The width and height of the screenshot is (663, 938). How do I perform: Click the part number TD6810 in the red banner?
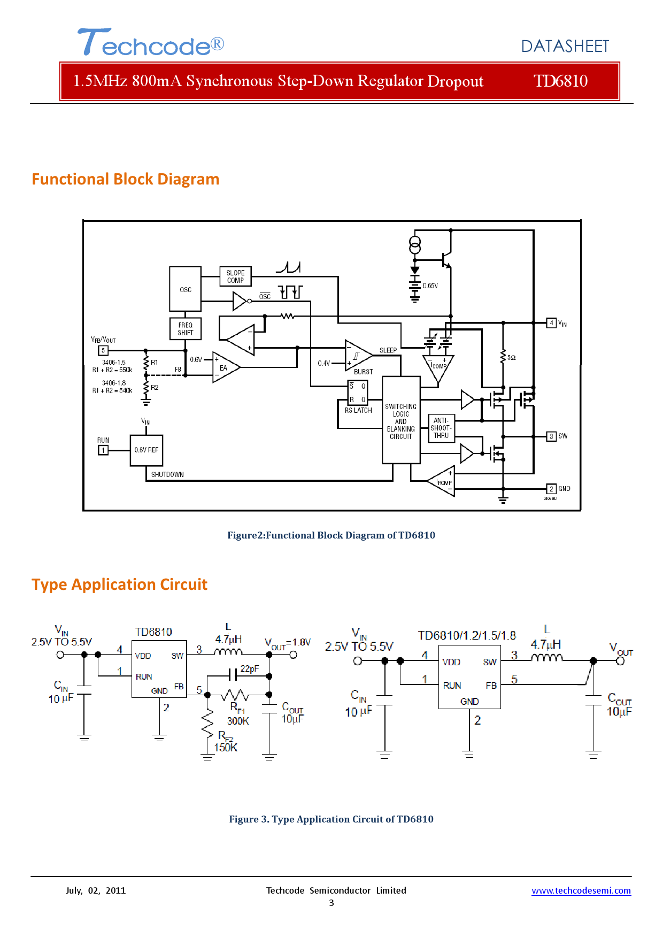tap(560, 81)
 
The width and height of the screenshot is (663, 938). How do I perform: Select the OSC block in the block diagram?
tap(186, 289)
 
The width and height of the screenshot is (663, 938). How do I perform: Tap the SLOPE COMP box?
tap(235, 276)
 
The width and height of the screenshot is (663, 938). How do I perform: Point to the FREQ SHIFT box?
tap(186, 329)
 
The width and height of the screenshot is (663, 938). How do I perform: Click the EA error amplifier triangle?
tap(225, 367)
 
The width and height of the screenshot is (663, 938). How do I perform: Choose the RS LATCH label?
tap(358, 410)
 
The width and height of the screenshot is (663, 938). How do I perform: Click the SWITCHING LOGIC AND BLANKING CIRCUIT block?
tap(401, 421)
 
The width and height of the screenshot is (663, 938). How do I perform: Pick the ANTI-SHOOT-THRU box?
tap(441, 428)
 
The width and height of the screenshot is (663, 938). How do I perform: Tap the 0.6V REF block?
tap(146, 450)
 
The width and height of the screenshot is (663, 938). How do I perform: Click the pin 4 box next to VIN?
tap(551, 322)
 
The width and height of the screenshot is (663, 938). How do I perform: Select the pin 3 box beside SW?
tap(551, 436)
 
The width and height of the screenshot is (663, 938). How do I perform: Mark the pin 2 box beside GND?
tap(551, 489)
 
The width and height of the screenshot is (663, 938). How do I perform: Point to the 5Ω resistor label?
tap(512, 357)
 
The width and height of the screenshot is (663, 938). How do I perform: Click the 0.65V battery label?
tap(430, 286)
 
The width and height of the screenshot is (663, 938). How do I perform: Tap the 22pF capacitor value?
tap(250, 668)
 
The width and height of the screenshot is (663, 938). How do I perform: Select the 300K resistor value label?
tap(238, 721)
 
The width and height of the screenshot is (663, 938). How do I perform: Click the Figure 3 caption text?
tap(331, 819)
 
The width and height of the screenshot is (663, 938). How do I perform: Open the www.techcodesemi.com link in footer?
tap(581, 890)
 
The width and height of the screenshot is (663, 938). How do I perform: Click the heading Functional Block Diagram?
tap(126, 179)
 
